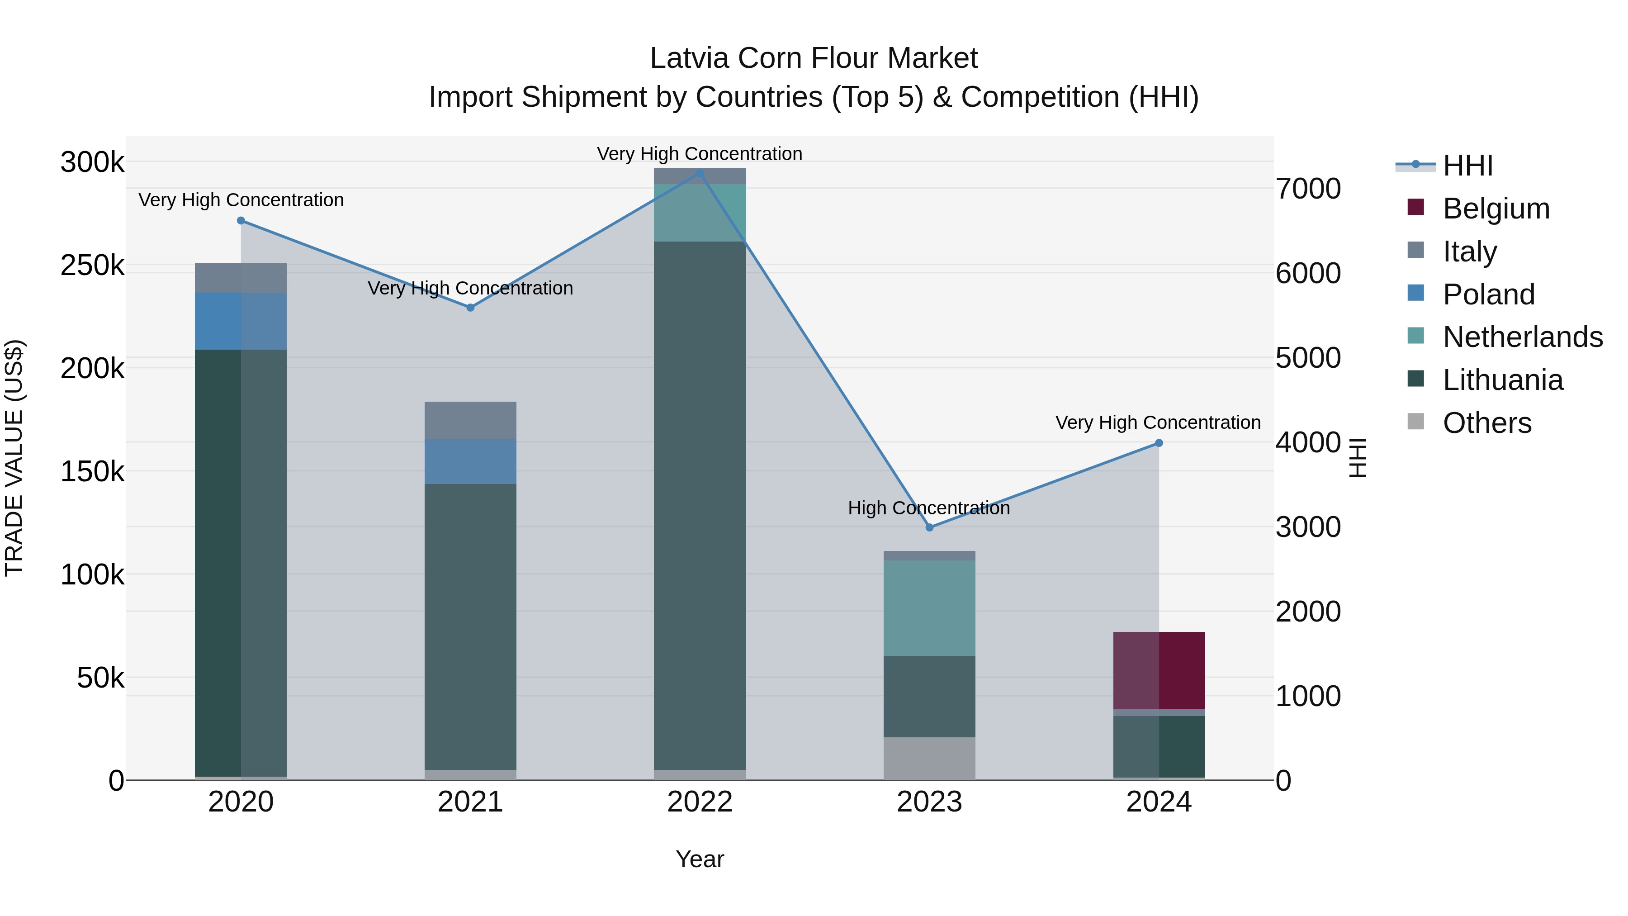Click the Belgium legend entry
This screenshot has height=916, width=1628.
click(1495, 209)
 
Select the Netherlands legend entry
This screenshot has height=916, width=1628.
click(1522, 337)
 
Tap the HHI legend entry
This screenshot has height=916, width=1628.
click(1467, 166)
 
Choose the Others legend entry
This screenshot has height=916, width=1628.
click(1486, 423)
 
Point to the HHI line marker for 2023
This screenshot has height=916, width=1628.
click(929, 527)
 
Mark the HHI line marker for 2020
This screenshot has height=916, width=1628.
click(241, 221)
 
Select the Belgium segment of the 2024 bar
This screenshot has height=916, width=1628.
click(1159, 670)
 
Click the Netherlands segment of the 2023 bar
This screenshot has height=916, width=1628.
click(929, 608)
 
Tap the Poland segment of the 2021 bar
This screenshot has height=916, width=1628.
click(470, 461)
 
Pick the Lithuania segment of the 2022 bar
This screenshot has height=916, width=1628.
click(700, 506)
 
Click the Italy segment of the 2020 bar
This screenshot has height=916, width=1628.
click(241, 278)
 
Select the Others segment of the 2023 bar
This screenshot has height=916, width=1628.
click(929, 759)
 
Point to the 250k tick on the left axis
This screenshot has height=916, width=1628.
click(92, 266)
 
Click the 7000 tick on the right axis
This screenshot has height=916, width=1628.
click(1307, 189)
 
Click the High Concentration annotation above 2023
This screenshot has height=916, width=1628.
click(928, 508)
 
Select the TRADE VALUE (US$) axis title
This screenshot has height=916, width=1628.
click(14, 458)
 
